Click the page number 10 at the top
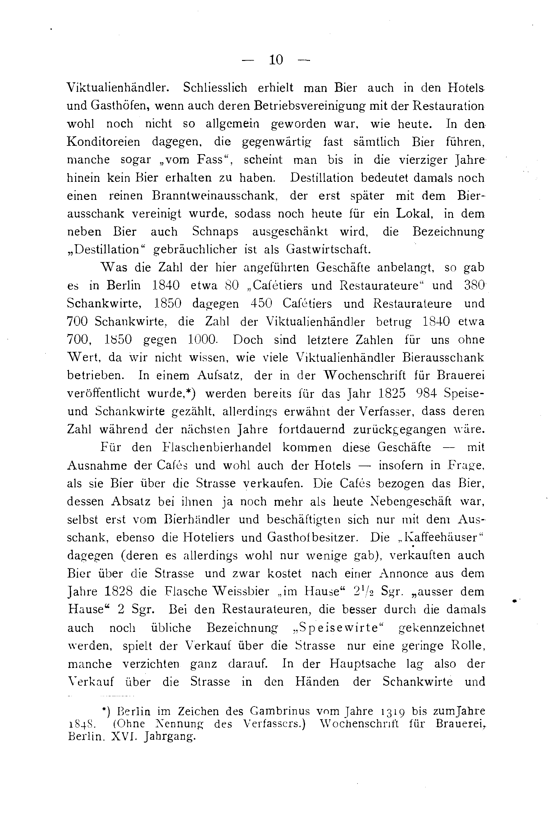(276, 60)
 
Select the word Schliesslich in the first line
(215, 88)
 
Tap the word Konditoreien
(103, 142)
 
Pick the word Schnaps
(215, 232)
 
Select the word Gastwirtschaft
(328, 250)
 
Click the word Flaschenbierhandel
(217, 447)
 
